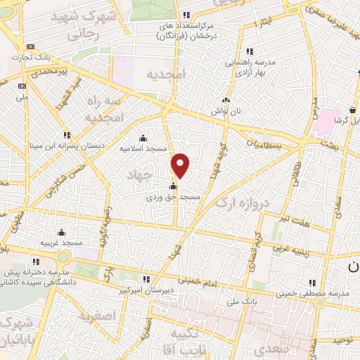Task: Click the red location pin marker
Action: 181,166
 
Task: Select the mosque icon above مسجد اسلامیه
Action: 143,138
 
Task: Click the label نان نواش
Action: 225,111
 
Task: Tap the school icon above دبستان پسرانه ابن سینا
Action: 67,135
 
